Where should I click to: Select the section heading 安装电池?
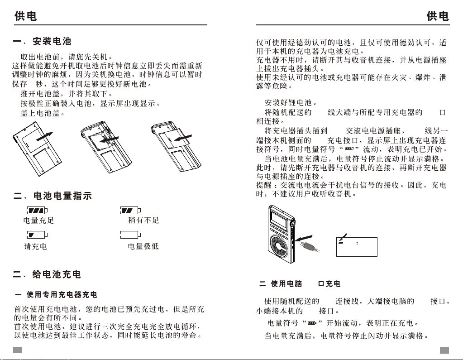click(x=52, y=42)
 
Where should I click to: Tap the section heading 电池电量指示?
click(x=63, y=196)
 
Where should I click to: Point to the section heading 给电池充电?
click(x=57, y=274)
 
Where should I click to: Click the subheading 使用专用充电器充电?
click(x=61, y=295)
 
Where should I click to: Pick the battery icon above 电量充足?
click(x=38, y=211)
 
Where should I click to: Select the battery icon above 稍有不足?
click(x=131, y=211)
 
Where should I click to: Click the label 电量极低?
click(x=143, y=247)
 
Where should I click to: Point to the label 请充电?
click(x=35, y=247)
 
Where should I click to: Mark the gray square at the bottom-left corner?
click(x=17, y=350)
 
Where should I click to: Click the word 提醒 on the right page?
click(x=266, y=185)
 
